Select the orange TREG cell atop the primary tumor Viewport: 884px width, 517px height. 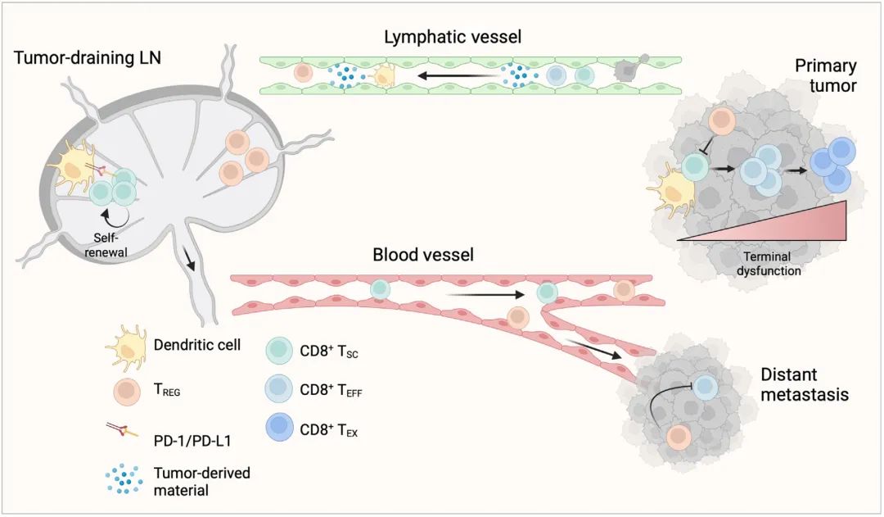[721, 120]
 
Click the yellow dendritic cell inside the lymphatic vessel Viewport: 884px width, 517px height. [381, 76]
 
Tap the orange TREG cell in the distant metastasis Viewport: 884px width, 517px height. [678, 437]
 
